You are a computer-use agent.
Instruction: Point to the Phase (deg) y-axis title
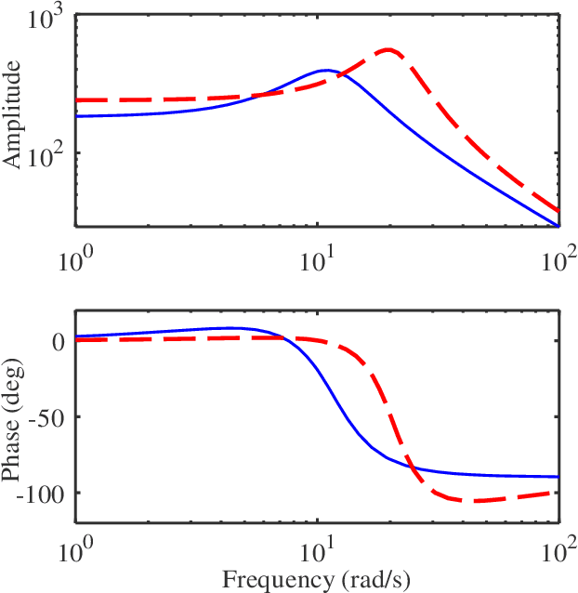[13, 418]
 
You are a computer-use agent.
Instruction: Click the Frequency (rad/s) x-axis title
[318, 580]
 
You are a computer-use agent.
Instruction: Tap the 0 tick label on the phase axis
[58, 341]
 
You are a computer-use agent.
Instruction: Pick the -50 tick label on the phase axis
[46, 417]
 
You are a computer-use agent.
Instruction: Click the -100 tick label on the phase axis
[42, 494]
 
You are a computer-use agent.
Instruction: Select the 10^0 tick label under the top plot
[76, 261]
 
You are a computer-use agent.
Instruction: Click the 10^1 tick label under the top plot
[318, 261]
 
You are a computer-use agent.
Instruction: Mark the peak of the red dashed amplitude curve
[388, 49]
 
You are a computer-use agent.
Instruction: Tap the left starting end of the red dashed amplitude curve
[77, 100]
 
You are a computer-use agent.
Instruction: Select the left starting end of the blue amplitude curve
[77, 116]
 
